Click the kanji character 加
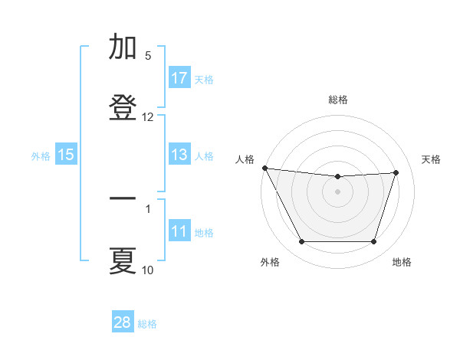point(123,47)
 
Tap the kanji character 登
point(123,106)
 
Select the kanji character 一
point(123,200)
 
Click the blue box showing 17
point(179,78)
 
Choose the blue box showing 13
point(179,155)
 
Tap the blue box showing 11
point(179,231)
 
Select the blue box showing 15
point(66,155)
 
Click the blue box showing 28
point(123,322)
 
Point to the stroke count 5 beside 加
point(148,56)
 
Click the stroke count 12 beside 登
point(148,117)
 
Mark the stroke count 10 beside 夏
point(148,270)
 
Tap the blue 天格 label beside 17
point(204,79)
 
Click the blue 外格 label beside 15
point(41,156)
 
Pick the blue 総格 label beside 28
point(147,323)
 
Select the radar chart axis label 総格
point(337,100)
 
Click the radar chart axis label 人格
point(245,159)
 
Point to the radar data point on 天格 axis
point(396,172)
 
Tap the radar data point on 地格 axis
point(373,242)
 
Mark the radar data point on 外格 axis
point(301,242)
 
